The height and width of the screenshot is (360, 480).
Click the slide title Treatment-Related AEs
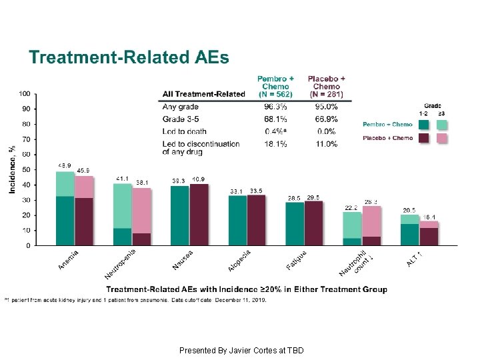coord(128,57)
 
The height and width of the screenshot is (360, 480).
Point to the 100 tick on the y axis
coord(24,93)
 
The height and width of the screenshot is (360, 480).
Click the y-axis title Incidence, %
coord(12,169)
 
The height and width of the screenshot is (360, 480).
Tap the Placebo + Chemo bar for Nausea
coord(199,215)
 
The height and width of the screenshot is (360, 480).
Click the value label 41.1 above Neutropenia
coord(123,179)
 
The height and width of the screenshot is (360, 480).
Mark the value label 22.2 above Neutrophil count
coord(352,207)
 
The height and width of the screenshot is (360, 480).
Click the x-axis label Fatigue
coord(297,260)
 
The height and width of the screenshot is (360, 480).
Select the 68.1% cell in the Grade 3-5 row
coord(275,119)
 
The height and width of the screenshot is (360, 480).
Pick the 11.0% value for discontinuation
coord(326,143)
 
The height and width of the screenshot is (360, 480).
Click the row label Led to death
coord(184,131)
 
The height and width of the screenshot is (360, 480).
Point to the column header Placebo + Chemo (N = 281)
coord(326,87)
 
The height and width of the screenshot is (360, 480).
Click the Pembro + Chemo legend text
coord(387,124)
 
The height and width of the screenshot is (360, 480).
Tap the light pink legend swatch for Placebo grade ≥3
coord(442,138)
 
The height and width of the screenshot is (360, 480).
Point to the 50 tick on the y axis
coord(25,169)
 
